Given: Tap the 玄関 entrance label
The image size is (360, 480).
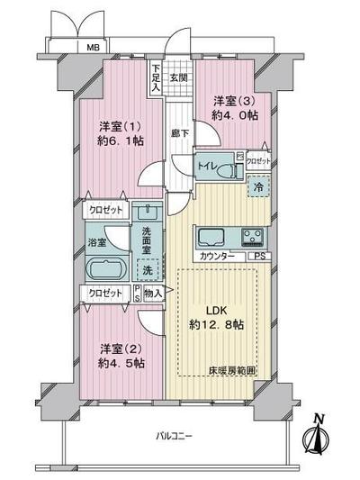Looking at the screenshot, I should click(x=179, y=77).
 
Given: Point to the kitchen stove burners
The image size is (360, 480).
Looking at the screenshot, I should click(x=250, y=239).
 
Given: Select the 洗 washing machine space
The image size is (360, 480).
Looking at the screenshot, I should click(x=146, y=269).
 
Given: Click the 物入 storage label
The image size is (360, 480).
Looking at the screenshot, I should click(x=152, y=293).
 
